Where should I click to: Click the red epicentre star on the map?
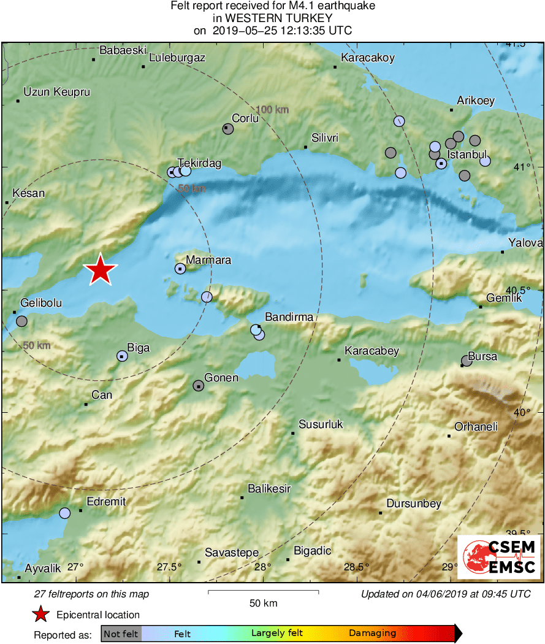(x=100, y=270)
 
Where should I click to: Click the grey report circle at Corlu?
(x=228, y=129)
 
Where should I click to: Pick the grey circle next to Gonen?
(x=198, y=386)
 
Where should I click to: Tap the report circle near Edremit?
(x=64, y=513)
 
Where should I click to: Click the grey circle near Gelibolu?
(x=21, y=321)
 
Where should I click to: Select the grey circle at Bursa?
(x=467, y=361)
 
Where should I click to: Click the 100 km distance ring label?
(x=272, y=110)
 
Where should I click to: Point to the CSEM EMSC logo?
(x=499, y=556)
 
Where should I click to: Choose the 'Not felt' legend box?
(x=121, y=634)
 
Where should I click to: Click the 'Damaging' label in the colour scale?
(x=372, y=634)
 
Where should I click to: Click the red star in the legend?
(x=40, y=615)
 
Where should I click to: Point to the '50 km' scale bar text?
(x=263, y=603)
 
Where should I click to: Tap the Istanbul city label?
(x=467, y=154)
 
